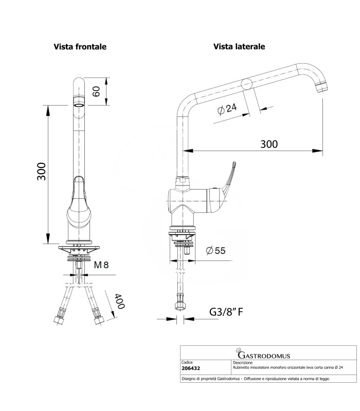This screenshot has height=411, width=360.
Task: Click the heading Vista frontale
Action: (80, 47)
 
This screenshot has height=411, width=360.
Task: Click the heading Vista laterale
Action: (239, 47)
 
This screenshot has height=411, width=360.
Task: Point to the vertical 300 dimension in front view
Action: (42, 171)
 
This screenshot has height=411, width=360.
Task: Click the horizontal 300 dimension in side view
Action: (268, 144)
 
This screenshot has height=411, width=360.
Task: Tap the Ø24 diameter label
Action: (227, 110)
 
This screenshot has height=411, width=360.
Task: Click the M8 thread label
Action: (101, 265)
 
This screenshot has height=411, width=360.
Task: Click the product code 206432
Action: (192, 368)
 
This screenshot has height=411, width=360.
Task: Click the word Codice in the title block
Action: (187, 362)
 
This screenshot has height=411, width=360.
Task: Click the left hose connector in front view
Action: (60, 316)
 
